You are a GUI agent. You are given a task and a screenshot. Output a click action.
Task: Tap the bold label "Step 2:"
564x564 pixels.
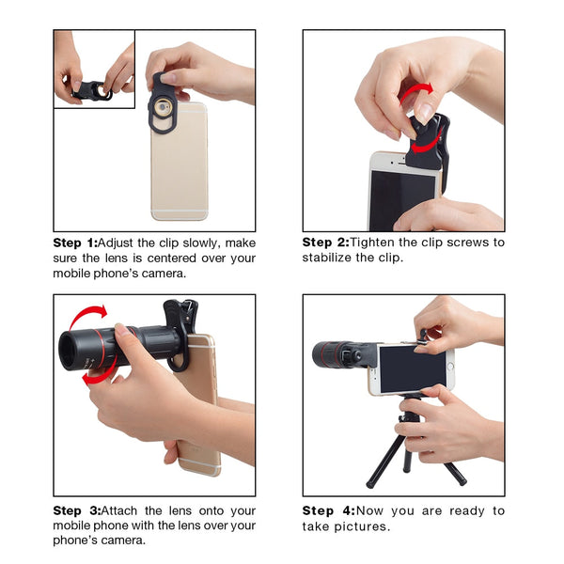coord(325,243)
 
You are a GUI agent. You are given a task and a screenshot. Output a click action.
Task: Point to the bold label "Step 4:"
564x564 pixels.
coord(325,511)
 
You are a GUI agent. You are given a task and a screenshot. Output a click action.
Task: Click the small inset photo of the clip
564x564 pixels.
coord(94,70)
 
